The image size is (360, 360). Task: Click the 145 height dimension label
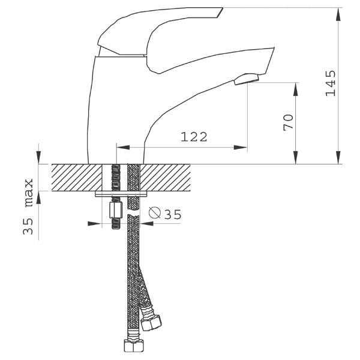[331, 83]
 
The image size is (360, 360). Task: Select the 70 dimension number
[289, 122]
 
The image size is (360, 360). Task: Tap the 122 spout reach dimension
[194, 137]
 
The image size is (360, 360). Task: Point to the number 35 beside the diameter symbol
[173, 214]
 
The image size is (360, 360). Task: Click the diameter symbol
[154, 212]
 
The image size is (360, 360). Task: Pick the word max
[29, 193]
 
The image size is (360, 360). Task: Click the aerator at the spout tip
[247, 79]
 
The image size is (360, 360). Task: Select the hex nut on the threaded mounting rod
[115, 209]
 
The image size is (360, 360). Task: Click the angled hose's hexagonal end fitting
[151, 323]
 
